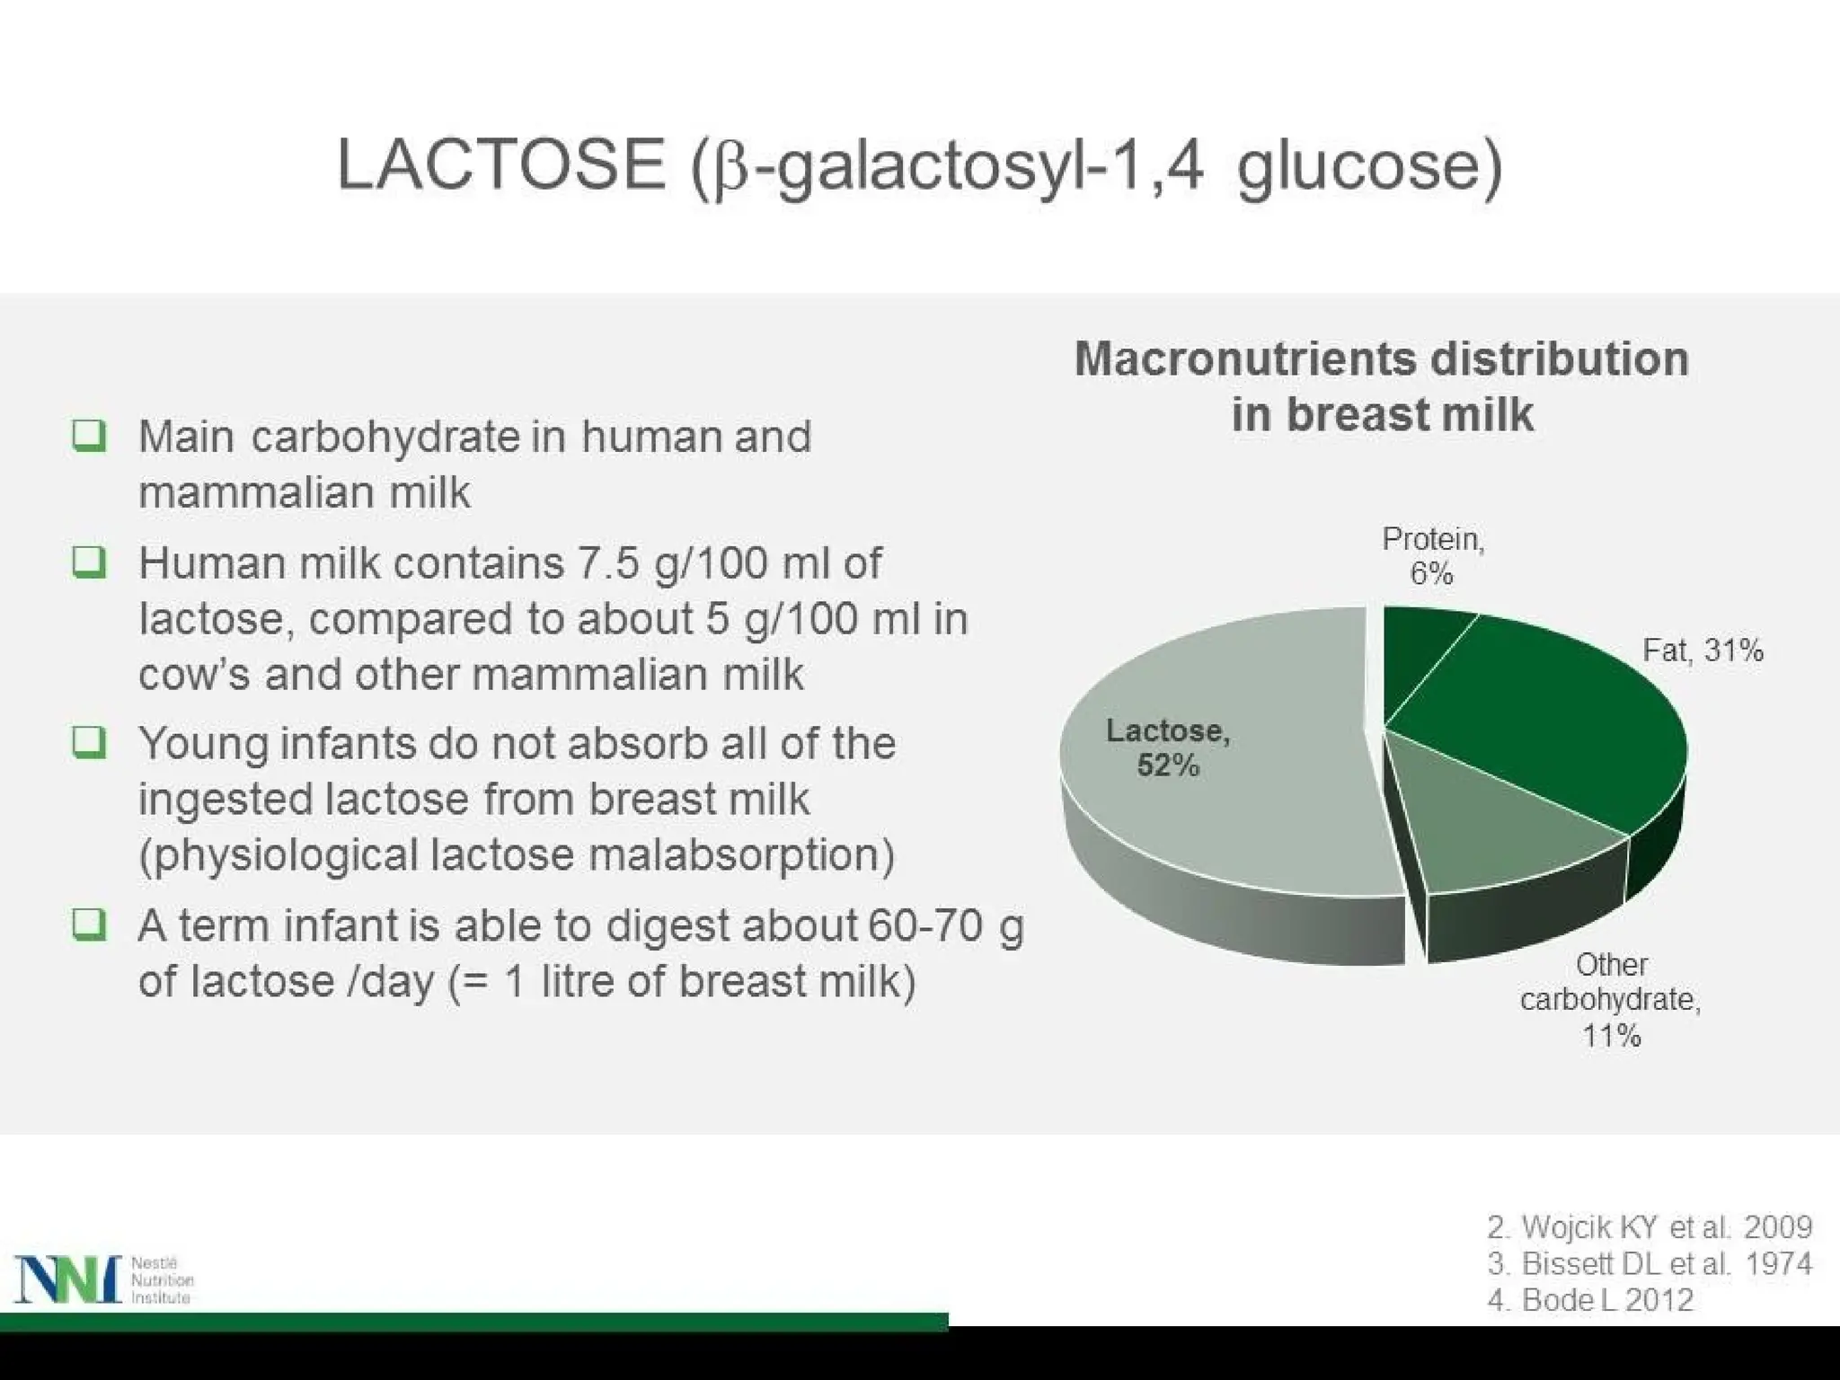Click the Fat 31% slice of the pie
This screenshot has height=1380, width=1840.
1545,728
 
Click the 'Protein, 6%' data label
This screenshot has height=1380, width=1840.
1432,556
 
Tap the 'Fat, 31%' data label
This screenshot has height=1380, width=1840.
1703,650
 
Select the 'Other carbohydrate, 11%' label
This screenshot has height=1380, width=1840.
1610,1000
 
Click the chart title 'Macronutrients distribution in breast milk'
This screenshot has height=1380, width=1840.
1382,386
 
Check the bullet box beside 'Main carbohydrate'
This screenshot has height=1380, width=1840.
89,437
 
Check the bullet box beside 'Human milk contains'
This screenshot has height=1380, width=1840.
89,563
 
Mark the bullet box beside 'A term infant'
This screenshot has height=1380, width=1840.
89,924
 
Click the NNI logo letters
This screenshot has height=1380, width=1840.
67,1278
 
